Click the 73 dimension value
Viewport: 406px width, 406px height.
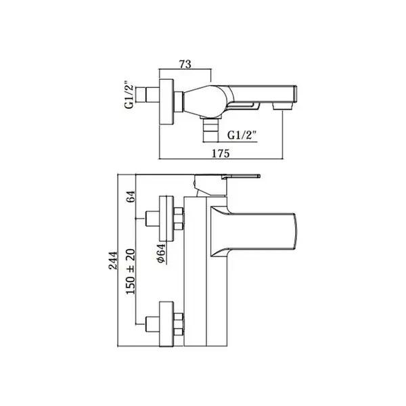[x=185, y=64]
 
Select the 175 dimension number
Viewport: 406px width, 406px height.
[x=221, y=154]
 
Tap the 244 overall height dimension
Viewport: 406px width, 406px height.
[x=113, y=261]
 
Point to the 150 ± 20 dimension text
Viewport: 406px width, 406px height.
[x=131, y=271]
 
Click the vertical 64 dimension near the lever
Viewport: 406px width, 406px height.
[x=131, y=197]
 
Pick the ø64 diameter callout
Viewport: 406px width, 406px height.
[x=161, y=253]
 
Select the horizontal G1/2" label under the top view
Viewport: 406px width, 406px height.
[x=242, y=135]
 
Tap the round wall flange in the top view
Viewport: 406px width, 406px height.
[x=166, y=101]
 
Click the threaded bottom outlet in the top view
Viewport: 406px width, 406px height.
[x=210, y=129]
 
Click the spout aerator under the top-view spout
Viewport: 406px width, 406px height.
[x=283, y=106]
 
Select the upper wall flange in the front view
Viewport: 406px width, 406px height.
[x=166, y=219]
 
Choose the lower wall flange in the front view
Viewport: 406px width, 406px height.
[x=166, y=324]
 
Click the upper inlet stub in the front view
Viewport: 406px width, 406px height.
[x=152, y=219]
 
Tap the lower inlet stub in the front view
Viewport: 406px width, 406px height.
[x=152, y=324]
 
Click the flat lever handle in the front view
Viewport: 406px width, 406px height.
[x=240, y=177]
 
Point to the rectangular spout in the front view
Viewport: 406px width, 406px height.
[x=254, y=231]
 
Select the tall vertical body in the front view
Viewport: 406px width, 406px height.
[x=206, y=271]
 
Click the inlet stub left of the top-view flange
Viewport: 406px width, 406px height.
[x=148, y=95]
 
